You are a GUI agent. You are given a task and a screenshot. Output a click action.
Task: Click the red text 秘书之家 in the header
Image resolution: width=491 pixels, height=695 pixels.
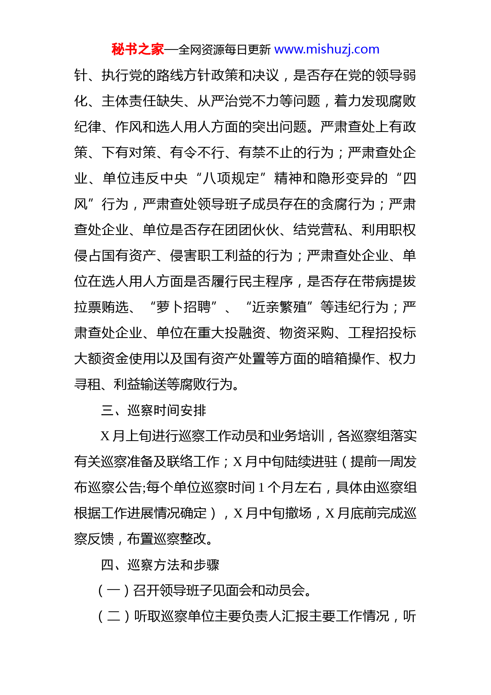pos(137,50)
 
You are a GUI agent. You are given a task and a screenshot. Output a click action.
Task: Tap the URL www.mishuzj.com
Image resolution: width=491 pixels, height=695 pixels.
pos(327,50)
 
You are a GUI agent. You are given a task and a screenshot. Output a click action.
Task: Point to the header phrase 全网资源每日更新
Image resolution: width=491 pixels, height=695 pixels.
pos(224,50)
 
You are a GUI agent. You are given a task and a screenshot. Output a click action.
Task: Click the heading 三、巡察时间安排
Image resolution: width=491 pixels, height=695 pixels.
pos(153,410)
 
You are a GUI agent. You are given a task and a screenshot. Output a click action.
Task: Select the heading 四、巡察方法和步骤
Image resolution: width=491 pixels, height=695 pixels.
pos(160,565)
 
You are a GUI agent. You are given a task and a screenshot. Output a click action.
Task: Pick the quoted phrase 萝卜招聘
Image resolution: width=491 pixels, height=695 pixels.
pos(183,307)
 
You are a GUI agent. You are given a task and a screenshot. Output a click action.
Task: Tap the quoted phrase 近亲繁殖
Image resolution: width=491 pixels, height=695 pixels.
pos(279,307)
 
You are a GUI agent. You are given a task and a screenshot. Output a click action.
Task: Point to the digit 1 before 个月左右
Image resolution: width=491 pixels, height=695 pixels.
pos(261,488)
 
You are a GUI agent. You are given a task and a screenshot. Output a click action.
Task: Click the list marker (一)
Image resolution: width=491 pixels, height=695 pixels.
pos(114,590)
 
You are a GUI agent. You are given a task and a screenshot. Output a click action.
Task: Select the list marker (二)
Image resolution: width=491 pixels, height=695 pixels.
pos(114,616)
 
